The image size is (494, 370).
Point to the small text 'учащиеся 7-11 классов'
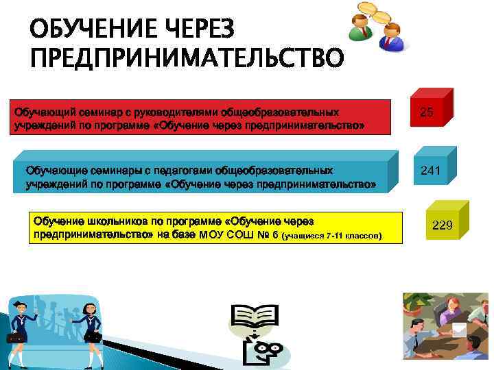(x=332, y=236)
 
